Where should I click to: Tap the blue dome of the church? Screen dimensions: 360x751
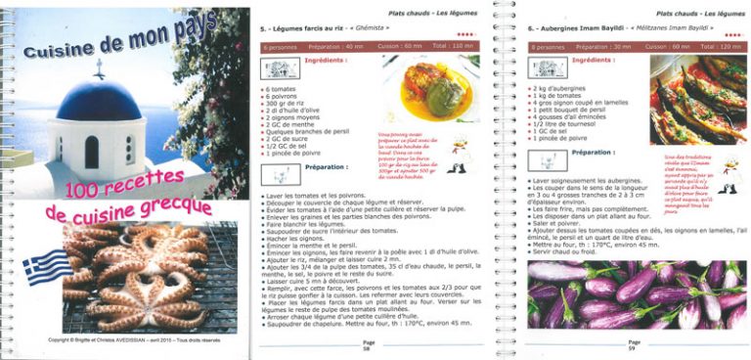click(98, 99)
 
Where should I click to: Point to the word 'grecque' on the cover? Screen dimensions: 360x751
click(170, 207)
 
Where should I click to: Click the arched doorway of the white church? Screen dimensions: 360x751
click(92, 152)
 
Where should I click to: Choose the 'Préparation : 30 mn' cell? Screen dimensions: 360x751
click(607, 46)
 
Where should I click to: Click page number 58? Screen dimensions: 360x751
click(367, 347)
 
